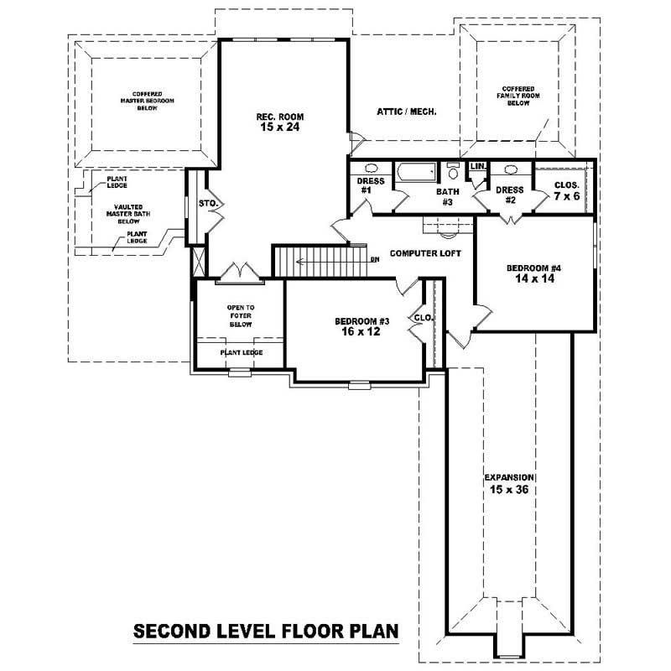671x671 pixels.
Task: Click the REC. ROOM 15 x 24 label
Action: (x=279, y=122)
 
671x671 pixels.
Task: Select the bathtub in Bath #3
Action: (x=417, y=173)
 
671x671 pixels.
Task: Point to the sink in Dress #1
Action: (x=371, y=167)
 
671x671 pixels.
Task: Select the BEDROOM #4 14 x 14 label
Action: (x=533, y=273)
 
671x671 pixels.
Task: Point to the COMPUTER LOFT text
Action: (x=426, y=252)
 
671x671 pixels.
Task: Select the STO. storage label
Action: (x=206, y=203)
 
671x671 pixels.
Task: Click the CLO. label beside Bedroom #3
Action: (x=422, y=318)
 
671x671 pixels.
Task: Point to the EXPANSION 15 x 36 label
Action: (x=509, y=482)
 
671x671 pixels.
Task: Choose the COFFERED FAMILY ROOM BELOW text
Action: (x=516, y=95)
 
